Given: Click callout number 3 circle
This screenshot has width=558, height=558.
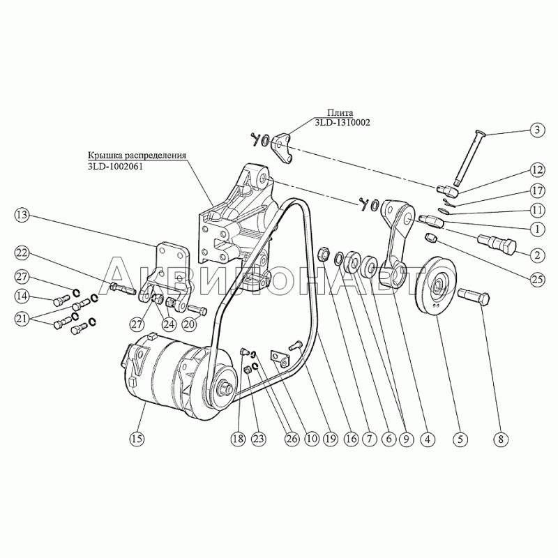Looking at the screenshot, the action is [537, 130].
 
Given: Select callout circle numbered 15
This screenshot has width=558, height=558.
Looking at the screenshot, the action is [137, 439].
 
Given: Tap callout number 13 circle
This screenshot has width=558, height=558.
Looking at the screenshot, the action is [22, 216].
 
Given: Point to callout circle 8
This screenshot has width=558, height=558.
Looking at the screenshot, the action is [501, 439].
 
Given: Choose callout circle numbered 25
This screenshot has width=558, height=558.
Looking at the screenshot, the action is [537, 280].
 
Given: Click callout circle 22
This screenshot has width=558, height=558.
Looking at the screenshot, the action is [22, 253].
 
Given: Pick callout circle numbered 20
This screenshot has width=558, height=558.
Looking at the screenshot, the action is [189, 324].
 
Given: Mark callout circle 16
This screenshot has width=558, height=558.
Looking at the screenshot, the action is [351, 439].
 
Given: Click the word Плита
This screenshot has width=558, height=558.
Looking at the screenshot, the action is [340, 113].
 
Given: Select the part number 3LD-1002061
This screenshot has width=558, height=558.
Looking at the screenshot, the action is [115, 166].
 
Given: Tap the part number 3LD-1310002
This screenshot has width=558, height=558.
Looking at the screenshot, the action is [342, 123].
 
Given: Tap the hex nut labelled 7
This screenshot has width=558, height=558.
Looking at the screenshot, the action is [323, 254].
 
